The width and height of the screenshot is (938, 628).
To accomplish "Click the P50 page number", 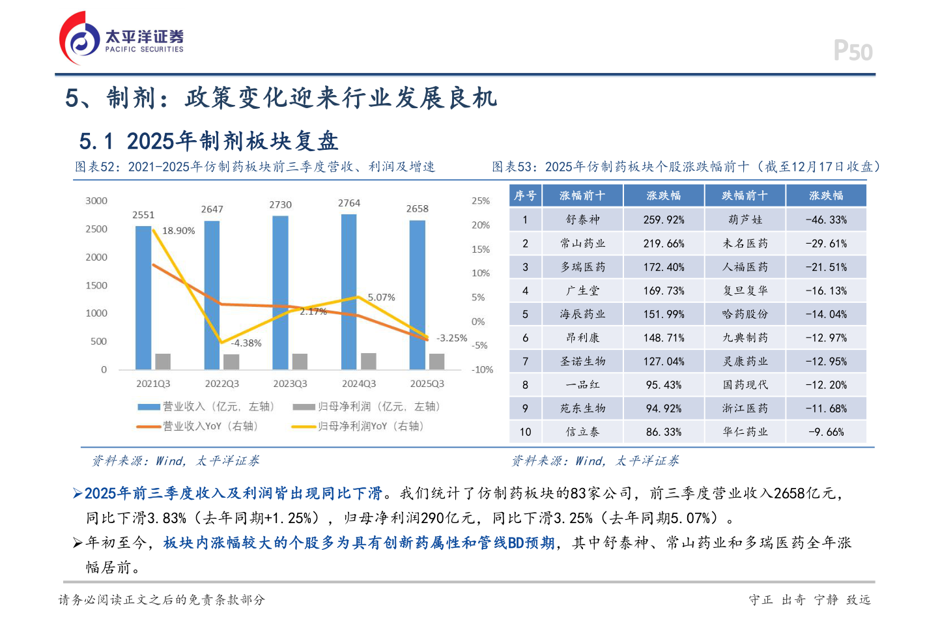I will click(x=853, y=51).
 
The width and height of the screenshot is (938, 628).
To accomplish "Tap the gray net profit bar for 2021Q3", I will click(x=163, y=362).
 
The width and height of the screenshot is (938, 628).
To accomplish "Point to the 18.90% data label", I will click(x=178, y=231).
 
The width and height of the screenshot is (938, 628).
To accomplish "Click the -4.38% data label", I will click(x=246, y=343).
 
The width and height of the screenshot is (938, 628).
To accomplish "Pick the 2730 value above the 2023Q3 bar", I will click(x=280, y=205).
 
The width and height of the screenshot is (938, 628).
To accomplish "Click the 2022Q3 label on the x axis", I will click(x=221, y=384).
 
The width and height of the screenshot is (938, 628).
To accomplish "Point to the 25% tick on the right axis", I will click(x=481, y=201).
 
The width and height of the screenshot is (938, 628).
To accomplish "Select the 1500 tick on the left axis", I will click(x=96, y=285).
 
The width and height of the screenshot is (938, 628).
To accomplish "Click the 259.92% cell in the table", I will click(x=664, y=220).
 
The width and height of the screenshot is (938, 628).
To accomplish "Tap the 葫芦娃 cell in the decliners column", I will click(x=745, y=220).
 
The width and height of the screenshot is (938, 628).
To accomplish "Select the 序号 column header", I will click(x=525, y=195).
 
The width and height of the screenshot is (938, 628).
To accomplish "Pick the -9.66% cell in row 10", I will click(x=826, y=432).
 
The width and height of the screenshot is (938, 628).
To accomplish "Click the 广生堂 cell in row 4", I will click(x=582, y=291).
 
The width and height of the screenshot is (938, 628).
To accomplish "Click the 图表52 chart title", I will click(x=255, y=167).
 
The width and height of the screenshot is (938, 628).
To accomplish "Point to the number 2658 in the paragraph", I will click(x=789, y=493).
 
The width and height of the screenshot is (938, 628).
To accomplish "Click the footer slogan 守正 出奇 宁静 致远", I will click(x=809, y=599).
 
